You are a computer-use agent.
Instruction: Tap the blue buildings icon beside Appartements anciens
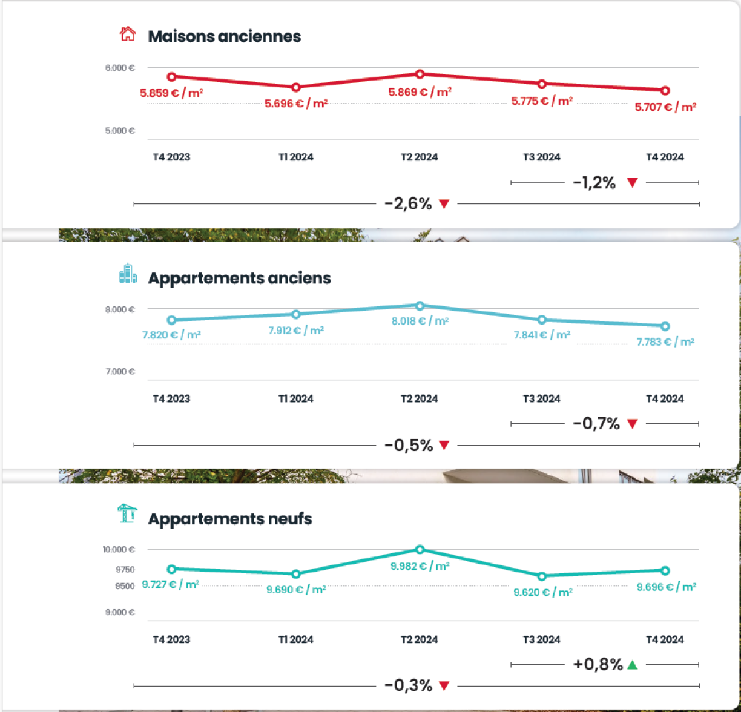tap(127, 274)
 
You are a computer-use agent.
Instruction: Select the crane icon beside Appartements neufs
tap(127, 514)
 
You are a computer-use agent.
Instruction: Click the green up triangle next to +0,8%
tap(633, 665)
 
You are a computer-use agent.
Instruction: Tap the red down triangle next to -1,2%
tap(633, 183)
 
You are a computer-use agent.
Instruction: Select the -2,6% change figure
tap(408, 204)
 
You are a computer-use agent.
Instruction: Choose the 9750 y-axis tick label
tap(124, 569)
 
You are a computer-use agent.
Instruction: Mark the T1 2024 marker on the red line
tap(296, 87)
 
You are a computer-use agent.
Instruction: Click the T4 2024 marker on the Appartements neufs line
tap(665, 570)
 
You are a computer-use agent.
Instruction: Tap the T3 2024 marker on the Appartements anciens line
tap(542, 320)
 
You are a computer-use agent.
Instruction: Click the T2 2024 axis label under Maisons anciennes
tap(420, 157)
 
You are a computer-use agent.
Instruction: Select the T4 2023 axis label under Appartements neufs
tap(171, 639)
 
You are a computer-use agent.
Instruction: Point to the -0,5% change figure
tap(408, 446)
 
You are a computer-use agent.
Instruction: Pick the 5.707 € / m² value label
tap(665, 107)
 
